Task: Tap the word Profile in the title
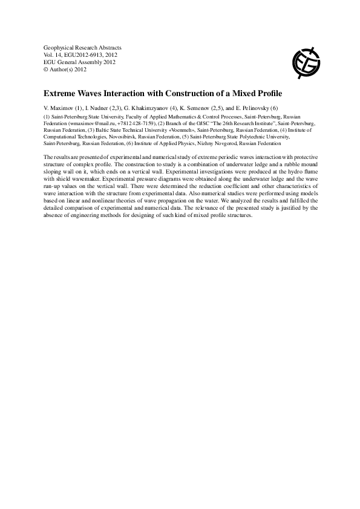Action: click(x=267, y=94)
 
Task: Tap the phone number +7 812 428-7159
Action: click(x=135, y=122)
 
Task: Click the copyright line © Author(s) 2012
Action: click(x=64, y=69)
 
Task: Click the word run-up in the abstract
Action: click(x=53, y=186)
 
